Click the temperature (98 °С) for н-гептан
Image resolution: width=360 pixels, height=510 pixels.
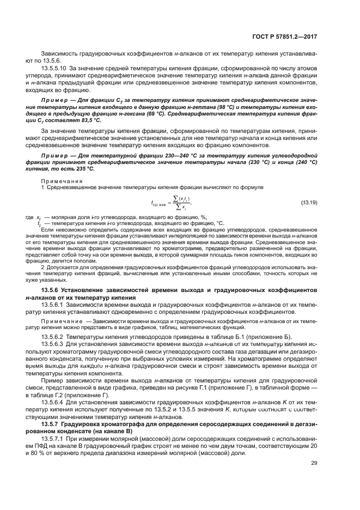[224, 107]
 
